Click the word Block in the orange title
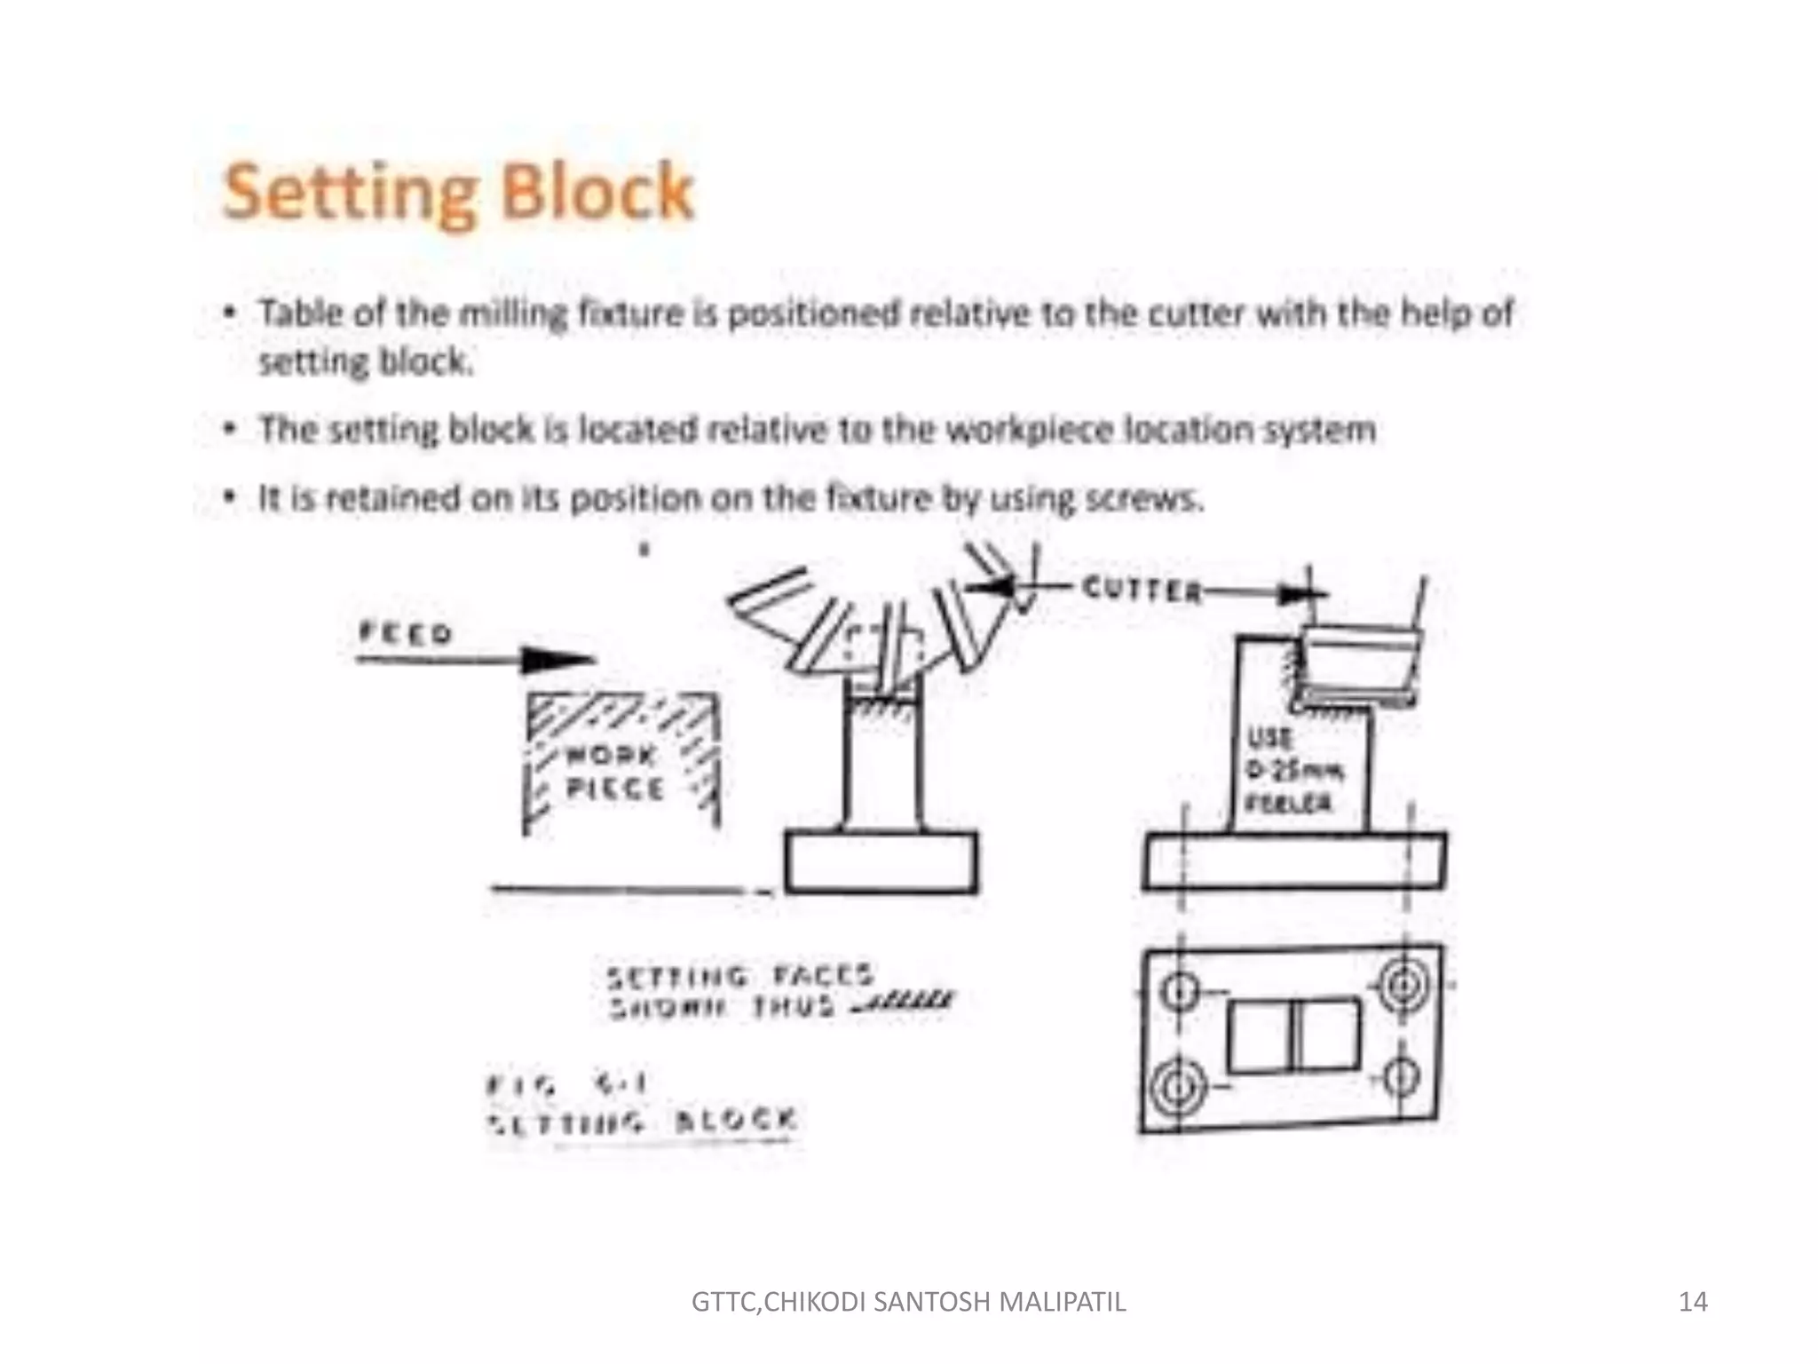click(596, 191)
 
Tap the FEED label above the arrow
click(406, 633)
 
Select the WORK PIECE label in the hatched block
click(614, 772)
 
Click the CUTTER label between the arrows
click(1142, 590)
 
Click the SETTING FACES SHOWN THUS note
click(741, 992)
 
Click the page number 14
click(1693, 1302)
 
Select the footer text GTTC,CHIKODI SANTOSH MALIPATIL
click(908, 1302)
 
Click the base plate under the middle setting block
click(881, 861)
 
